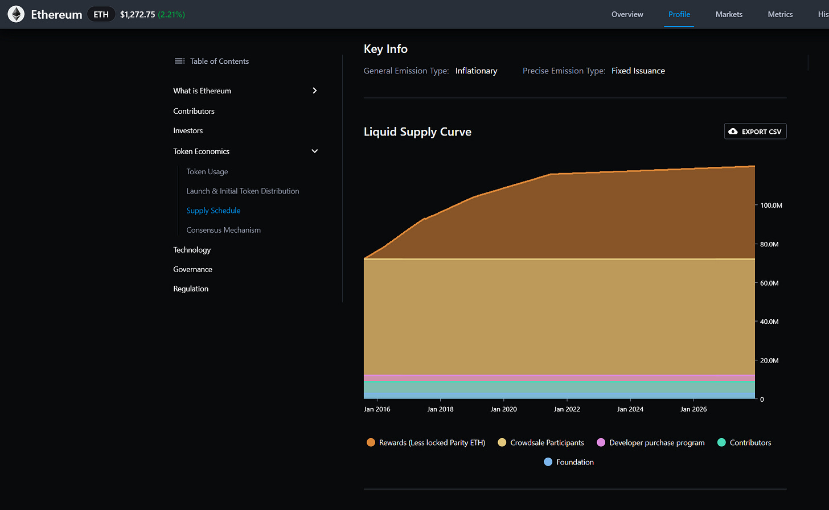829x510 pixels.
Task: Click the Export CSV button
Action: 755,131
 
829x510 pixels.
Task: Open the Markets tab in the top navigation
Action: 729,14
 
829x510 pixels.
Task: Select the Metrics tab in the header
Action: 780,14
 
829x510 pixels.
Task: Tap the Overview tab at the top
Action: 627,14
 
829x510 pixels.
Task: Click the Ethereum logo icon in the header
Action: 16,14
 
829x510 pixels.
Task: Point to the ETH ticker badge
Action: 101,14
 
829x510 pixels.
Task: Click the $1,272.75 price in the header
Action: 137,14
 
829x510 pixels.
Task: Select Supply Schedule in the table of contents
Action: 213,211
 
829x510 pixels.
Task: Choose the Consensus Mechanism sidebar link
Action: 223,230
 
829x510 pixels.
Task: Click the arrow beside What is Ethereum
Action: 314,91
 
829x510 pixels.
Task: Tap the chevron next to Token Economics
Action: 314,151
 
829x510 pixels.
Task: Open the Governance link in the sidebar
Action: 192,269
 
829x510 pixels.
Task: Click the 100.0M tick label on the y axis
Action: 771,205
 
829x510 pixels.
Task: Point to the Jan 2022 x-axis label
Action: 567,409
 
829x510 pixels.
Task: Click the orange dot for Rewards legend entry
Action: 371,443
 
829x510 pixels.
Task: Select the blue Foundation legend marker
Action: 548,462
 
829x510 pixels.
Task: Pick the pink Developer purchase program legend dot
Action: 601,443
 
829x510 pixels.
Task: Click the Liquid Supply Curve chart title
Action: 417,131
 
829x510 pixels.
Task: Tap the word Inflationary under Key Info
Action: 476,71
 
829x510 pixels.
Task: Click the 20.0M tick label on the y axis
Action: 769,360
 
